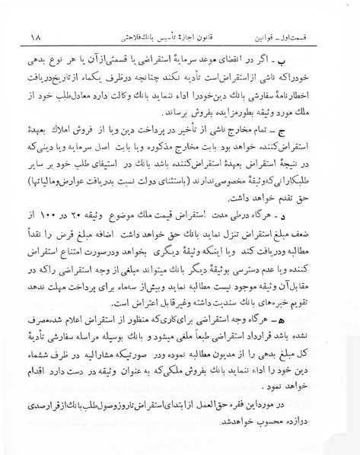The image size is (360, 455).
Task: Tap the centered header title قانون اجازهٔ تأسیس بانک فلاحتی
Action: click(163, 36)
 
